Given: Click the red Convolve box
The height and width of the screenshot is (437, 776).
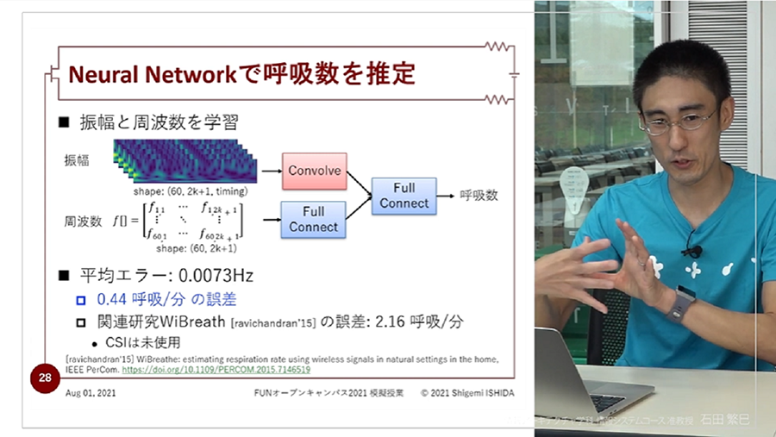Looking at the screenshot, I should click(315, 171).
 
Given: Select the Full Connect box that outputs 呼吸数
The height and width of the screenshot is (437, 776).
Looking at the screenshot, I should click(404, 196).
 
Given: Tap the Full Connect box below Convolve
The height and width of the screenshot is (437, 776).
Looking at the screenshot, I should click(314, 220).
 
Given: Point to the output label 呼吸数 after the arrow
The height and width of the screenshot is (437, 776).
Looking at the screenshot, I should click(479, 196).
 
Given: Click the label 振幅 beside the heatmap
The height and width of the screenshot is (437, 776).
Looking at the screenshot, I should click(76, 160).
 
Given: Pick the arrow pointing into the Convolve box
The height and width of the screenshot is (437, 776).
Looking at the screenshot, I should click(270, 171).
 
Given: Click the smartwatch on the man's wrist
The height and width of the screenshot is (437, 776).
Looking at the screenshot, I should click(680, 303).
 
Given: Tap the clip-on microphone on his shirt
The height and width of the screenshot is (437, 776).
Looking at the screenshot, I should click(692, 249).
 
